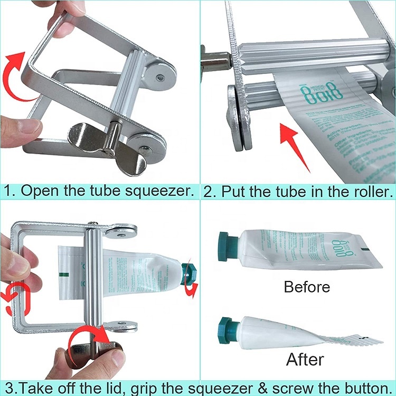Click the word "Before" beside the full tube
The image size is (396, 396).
[x=307, y=287]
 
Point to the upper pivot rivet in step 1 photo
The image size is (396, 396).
[x=160, y=78]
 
